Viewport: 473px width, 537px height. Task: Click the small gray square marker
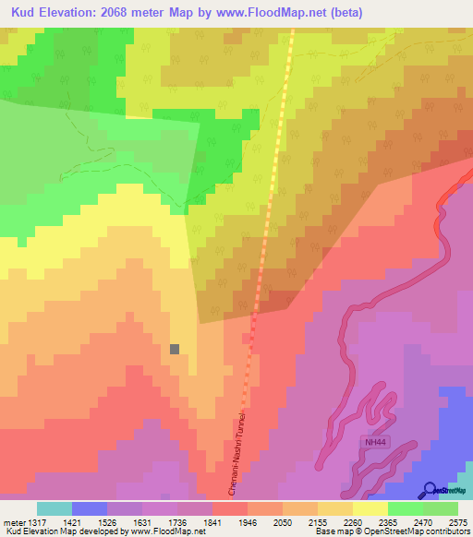pos(175,349)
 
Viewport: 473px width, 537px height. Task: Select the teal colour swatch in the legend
pos(55,508)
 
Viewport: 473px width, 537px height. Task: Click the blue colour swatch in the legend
pos(90,508)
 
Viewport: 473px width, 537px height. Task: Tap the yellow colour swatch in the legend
pos(370,508)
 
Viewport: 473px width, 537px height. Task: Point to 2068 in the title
pos(126,12)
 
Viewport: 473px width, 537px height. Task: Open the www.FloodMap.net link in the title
pos(273,12)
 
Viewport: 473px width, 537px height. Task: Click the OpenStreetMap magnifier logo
pos(430,490)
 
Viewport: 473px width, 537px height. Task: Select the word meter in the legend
pos(14,522)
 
